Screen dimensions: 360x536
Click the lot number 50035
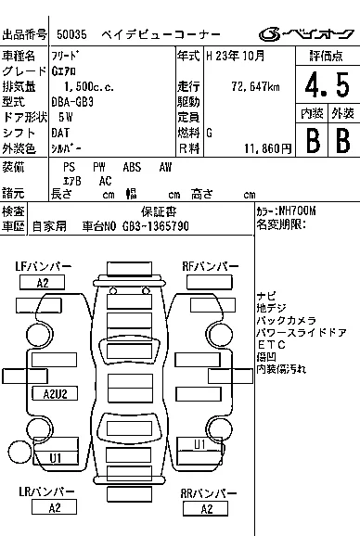pyautogui.click(x=71, y=34)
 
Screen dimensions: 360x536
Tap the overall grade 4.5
pyautogui.click(x=328, y=84)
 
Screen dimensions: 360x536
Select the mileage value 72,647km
pyautogui.click(x=255, y=86)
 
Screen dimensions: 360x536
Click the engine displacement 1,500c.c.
pyautogui.click(x=89, y=86)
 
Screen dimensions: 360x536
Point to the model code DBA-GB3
pyautogui.click(x=72, y=102)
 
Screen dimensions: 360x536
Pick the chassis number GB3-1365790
pyautogui.click(x=156, y=226)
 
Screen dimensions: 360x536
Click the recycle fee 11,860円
pyautogui.click(x=268, y=148)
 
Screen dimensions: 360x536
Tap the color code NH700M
pyautogui.click(x=298, y=211)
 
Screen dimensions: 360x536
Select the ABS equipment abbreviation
pyautogui.click(x=132, y=167)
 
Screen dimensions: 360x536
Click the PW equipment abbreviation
pyautogui.click(x=98, y=167)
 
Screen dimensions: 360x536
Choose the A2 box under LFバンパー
pyautogui.click(x=42, y=283)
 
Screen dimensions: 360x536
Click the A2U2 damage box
pyautogui.click(x=55, y=393)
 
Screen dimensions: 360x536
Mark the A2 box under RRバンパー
pyautogui.click(x=205, y=509)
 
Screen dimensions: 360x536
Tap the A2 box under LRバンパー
pyautogui.click(x=54, y=507)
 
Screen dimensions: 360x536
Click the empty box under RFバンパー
pyautogui.click(x=210, y=282)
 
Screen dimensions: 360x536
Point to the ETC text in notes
pyautogui.click(x=272, y=345)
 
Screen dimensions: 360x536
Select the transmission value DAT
pyautogui.click(x=60, y=133)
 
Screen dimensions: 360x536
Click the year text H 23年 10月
pyautogui.click(x=236, y=56)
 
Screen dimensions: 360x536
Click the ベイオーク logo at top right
pyautogui.click(x=306, y=33)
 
